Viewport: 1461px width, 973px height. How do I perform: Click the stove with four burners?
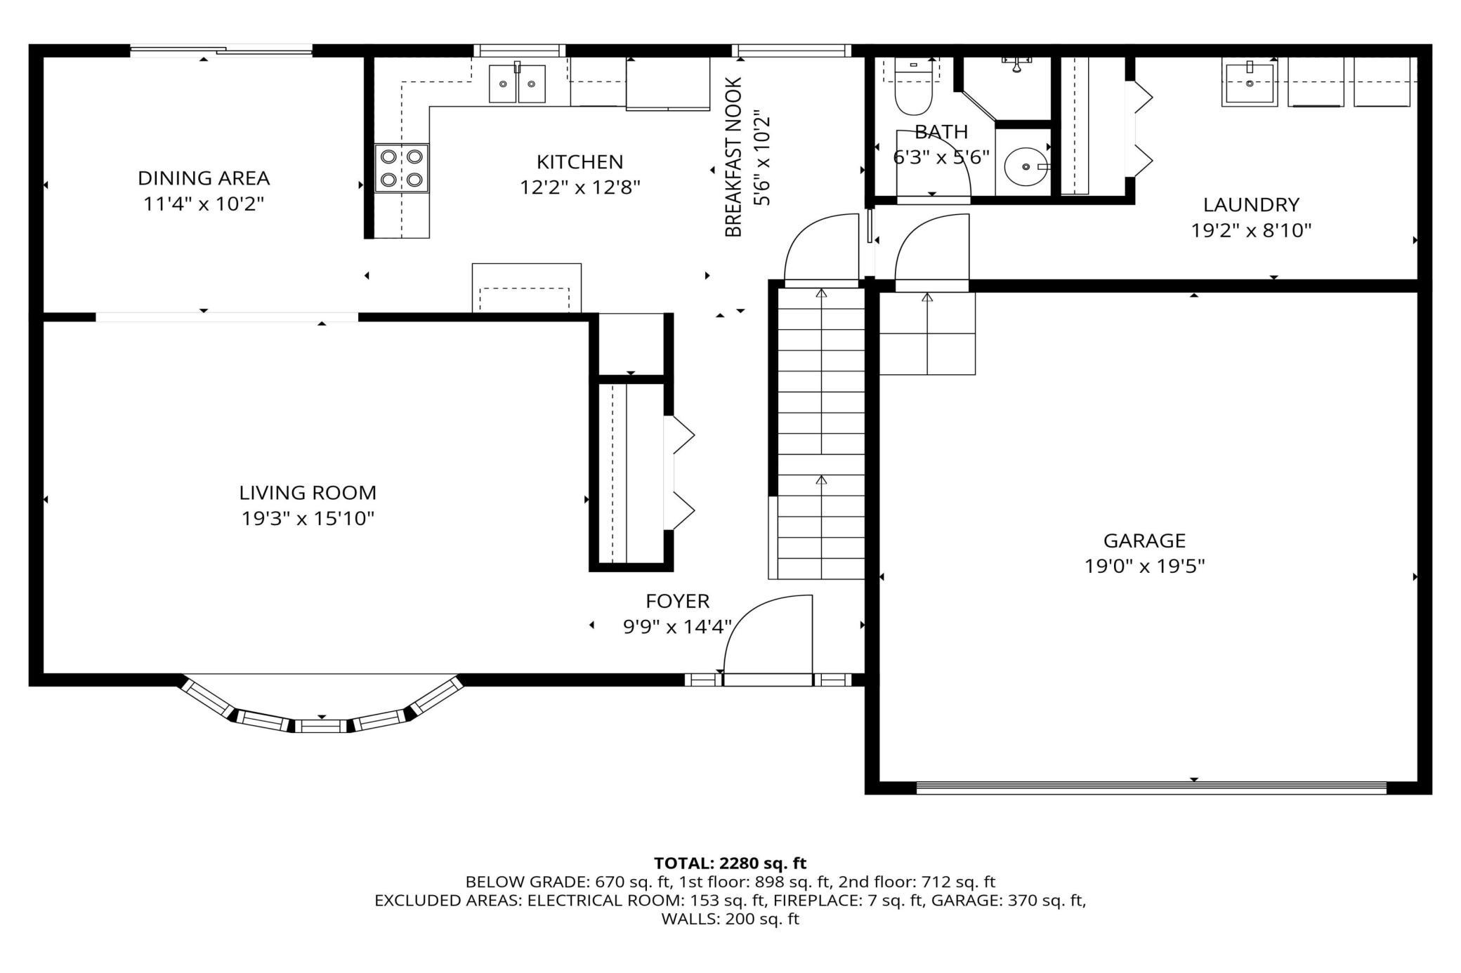tap(402, 168)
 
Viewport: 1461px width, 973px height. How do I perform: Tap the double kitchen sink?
tap(518, 84)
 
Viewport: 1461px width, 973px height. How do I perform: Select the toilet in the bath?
tap(913, 87)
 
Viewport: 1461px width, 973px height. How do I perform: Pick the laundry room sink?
tap(1250, 84)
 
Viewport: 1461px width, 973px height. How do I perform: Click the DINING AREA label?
tap(204, 178)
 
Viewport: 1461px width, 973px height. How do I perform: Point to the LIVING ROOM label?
tap(308, 493)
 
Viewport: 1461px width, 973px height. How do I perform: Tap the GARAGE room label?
tap(1144, 541)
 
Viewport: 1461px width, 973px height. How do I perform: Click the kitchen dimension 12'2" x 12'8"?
tap(580, 188)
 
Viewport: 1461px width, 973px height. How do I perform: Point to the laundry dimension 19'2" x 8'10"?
tap(1251, 231)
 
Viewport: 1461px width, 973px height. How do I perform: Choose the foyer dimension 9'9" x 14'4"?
tap(678, 626)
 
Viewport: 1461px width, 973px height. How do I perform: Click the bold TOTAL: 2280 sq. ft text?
tap(730, 863)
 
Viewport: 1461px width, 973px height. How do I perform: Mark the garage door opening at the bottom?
tap(1152, 788)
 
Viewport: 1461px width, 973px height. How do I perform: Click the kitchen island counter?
tap(527, 288)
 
